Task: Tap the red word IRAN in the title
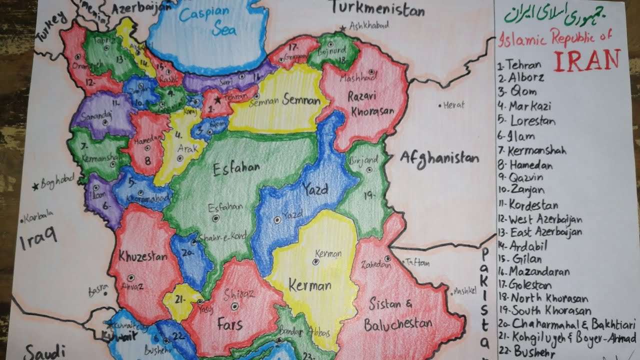click(x=587, y=60)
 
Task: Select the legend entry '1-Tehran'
click(x=519, y=65)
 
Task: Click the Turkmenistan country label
click(x=377, y=9)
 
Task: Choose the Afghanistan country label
click(x=439, y=159)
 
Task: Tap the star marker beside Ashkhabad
click(x=342, y=28)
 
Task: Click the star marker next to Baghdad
click(x=35, y=186)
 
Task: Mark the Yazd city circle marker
click(x=277, y=219)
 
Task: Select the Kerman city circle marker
click(x=315, y=261)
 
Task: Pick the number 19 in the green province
click(x=368, y=196)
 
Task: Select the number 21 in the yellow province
click(x=180, y=298)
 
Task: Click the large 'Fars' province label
click(x=229, y=324)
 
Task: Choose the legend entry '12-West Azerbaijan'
click(x=540, y=219)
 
